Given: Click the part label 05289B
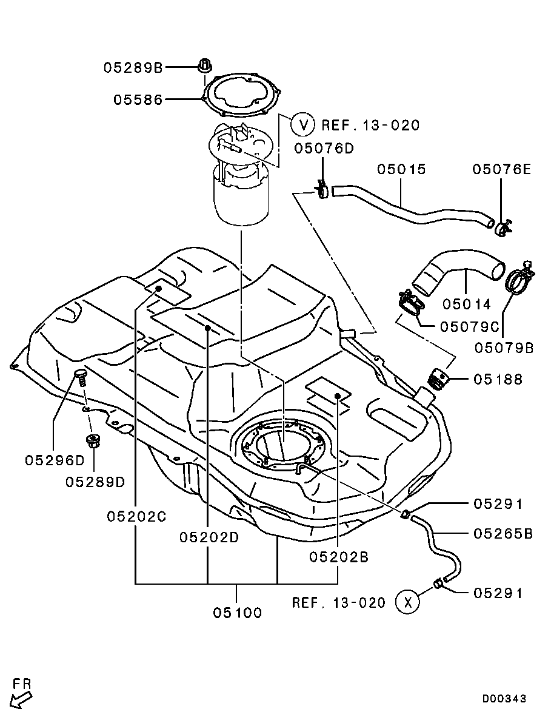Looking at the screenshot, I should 132,68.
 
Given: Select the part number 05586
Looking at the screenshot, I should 138,99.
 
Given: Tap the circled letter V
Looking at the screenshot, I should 302,125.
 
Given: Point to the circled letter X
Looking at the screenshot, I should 407,602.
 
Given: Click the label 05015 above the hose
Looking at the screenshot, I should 402,169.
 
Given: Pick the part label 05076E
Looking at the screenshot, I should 501,169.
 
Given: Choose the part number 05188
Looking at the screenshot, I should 498,380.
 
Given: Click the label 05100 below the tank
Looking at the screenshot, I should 237,613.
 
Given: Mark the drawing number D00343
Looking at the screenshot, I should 504,699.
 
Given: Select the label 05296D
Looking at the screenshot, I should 55,460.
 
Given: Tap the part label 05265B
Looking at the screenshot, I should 503,534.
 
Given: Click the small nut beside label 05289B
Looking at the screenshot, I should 205,64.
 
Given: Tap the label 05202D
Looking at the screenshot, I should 209,537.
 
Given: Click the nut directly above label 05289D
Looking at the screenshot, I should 93,440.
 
